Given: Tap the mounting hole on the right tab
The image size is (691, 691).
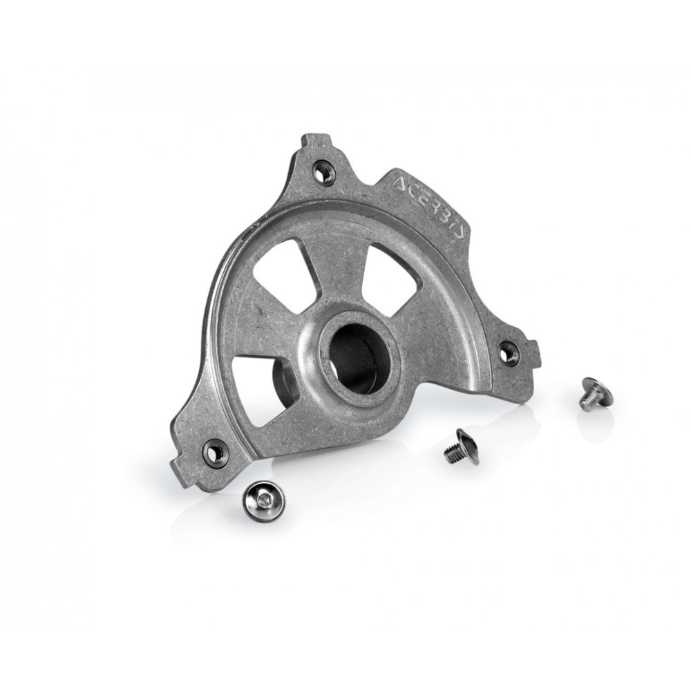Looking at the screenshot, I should click(509, 352).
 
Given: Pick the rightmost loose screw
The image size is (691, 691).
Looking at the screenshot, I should click(594, 390).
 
